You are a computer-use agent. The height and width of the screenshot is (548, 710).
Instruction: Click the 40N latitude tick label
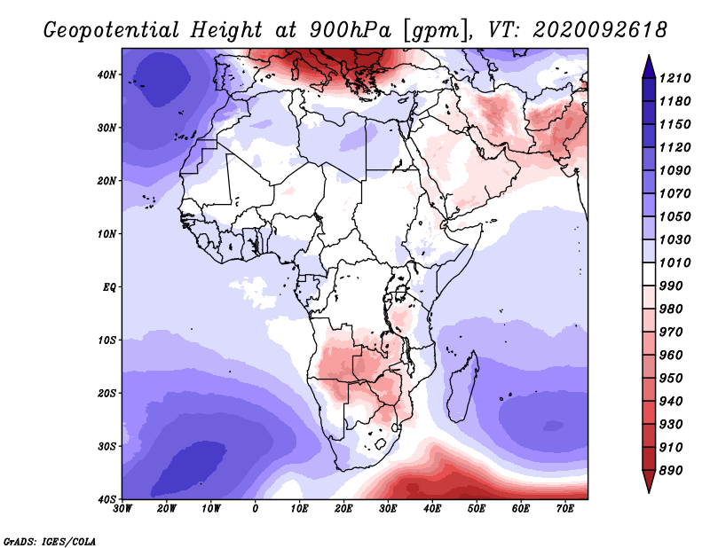pyautogui.click(x=106, y=74)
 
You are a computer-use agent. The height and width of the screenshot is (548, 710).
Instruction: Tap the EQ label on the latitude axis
pyautogui.click(x=109, y=287)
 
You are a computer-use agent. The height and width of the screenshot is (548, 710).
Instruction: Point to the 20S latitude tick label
pyautogui.click(x=106, y=393)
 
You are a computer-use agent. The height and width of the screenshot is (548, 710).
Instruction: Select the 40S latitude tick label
pyautogui.click(x=106, y=499)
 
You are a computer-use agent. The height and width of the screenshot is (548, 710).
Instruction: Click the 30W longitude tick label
pyautogui.click(x=122, y=509)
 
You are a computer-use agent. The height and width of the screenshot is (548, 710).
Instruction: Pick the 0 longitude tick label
pyautogui.click(x=256, y=509)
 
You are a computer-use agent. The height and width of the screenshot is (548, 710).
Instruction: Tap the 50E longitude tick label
pyautogui.click(x=477, y=509)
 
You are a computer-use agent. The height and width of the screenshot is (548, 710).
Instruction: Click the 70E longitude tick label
pyautogui.click(x=565, y=509)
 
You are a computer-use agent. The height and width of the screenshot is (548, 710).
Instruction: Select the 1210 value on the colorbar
pyautogui.click(x=674, y=78)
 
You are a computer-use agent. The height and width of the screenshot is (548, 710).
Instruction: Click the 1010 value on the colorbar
pyautogui.click(x=674, y=262)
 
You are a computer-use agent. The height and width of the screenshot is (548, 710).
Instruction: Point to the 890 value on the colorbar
pyautogui.click(x=671, y=471)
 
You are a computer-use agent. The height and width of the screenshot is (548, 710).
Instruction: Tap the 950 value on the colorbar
pyautogui.click(x=671, y=379)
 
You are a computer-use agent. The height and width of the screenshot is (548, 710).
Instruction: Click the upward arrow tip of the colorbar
pyautogui.click(x=649, y=55)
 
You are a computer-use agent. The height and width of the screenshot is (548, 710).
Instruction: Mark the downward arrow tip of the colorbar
pyautogui.click(x=649, y=492)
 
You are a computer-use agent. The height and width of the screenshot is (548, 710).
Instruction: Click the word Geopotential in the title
pyautogui.click(x=112, y=31)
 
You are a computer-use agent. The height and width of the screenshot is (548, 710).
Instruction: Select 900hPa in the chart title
pyautogui.click(x=351, y=30)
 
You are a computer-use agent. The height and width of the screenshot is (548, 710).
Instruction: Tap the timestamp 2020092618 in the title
pyautogui.click(x=600, y=30)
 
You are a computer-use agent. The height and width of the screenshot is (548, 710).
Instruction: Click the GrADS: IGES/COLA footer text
pyautogui.click(x=50, y=541)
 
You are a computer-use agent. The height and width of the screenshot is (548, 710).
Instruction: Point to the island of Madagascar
pyautogui.click(x=462, y=386)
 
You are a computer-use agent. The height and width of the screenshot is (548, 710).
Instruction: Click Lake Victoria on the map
pyautogui.click(x=400, y=293)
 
